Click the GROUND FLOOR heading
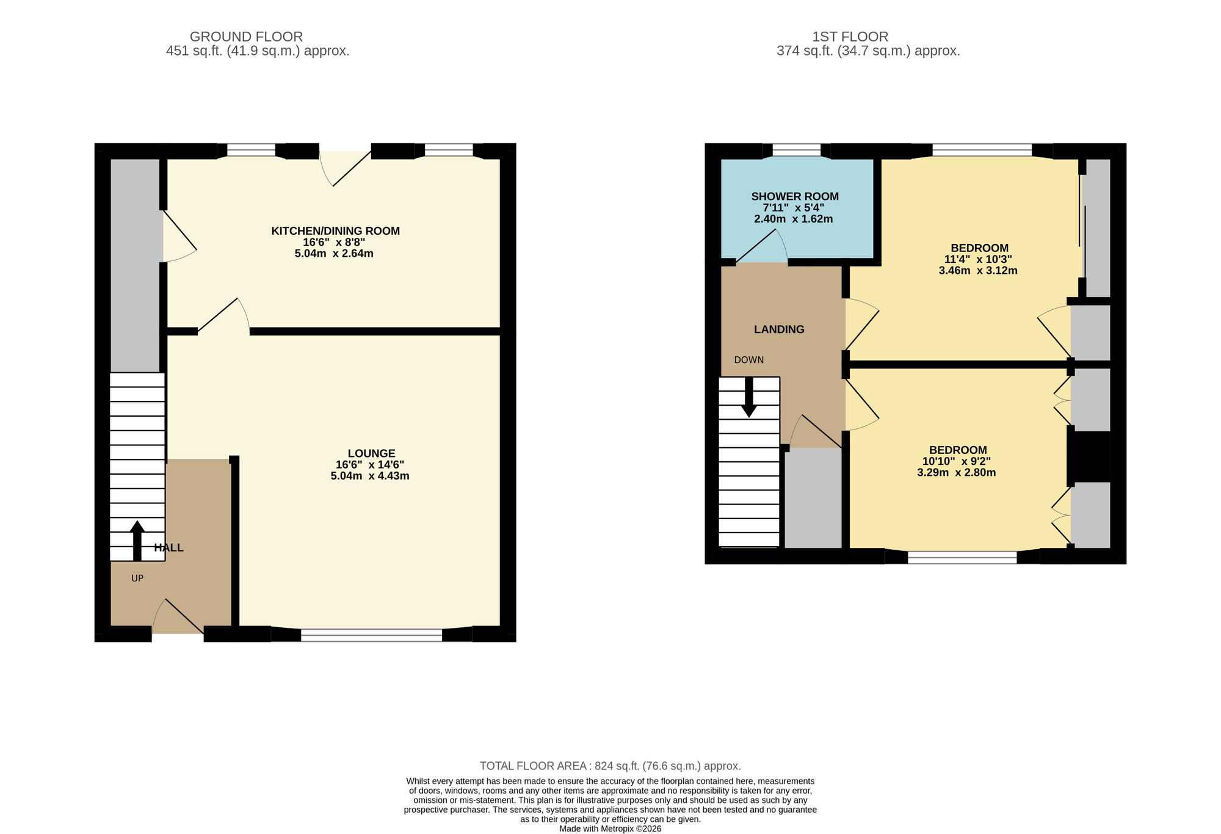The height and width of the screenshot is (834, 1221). click(246, 37)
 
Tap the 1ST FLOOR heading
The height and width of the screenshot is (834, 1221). click(850, 37)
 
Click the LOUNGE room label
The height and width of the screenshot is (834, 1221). click(371, 453)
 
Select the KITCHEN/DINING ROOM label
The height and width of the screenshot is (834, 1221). click(335, 231)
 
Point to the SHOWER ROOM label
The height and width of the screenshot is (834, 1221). click(794, 196)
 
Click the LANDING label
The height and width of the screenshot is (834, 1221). click(779, 329)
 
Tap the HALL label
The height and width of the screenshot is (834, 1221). click(169, 548)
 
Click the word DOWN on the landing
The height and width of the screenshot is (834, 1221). click(748, 360)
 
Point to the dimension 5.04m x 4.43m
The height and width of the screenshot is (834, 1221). click(370, 476)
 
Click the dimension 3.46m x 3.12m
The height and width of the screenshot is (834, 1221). click(978, 270)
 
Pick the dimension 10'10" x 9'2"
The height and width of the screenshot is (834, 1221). click(956, 461)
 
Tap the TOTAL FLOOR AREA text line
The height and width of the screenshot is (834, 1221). click(610, 766)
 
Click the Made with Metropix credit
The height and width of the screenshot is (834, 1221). click(610, 829)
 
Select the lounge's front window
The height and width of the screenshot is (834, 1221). click(371, 635)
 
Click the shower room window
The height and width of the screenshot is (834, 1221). click(796, 150)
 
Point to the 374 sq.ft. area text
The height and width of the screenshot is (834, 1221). click(868, 51)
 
